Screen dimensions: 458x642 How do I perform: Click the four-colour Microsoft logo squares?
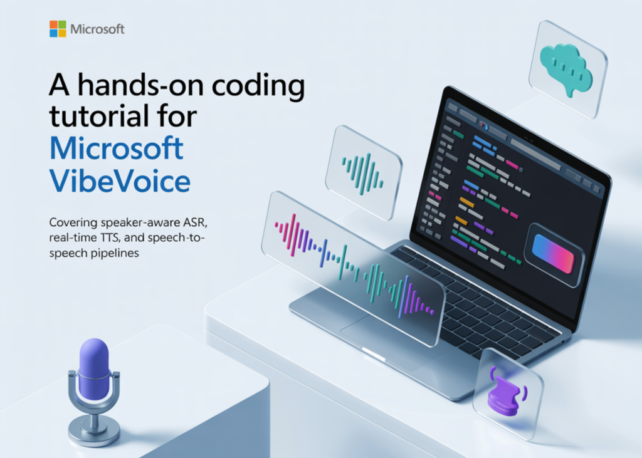(x=58, y=29)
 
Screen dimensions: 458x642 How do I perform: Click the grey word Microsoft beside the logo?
(x=97, y=29)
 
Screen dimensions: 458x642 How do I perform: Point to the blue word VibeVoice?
(x=120, y=181)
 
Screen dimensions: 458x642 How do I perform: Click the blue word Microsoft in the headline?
(x=117, y=149)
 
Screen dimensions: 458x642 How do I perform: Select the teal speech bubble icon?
(x=566, y=69)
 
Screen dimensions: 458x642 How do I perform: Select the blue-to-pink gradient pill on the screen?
(x=552, y=254)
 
